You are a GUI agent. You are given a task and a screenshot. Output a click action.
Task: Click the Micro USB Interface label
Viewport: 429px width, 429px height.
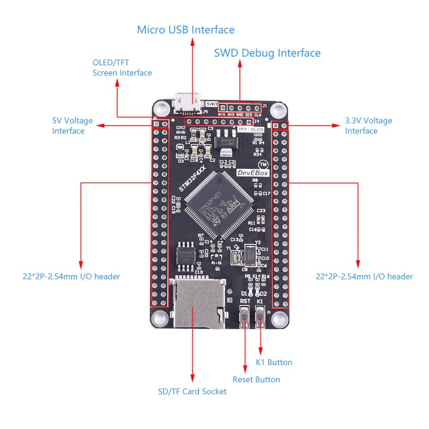click(186, 30)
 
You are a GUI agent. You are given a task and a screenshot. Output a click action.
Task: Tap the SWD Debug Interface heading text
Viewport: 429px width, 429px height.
click(267, 53)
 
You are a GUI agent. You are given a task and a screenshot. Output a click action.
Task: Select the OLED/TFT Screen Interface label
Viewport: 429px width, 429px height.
click(122, 68)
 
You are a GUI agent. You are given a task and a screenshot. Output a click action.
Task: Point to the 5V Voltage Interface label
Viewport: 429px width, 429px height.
click(72, 126)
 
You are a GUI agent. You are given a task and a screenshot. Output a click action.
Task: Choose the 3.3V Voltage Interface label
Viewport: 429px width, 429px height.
click(369, 126)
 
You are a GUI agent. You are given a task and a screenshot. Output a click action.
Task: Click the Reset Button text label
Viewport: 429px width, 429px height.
click(256, 379)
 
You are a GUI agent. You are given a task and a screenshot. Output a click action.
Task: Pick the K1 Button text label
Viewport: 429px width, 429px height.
click(274, 362)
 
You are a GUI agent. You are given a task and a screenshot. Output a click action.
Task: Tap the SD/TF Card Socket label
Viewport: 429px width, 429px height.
click(192, 391)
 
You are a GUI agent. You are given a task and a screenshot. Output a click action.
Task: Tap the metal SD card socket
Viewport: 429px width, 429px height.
click(198, 302)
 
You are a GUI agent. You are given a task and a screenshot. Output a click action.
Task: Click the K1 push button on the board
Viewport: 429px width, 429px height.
click(260, 318)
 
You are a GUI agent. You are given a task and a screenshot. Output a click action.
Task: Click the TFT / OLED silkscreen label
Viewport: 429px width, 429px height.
click(251, 129)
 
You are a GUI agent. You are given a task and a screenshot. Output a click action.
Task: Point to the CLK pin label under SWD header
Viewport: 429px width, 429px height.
click(258, 115)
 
